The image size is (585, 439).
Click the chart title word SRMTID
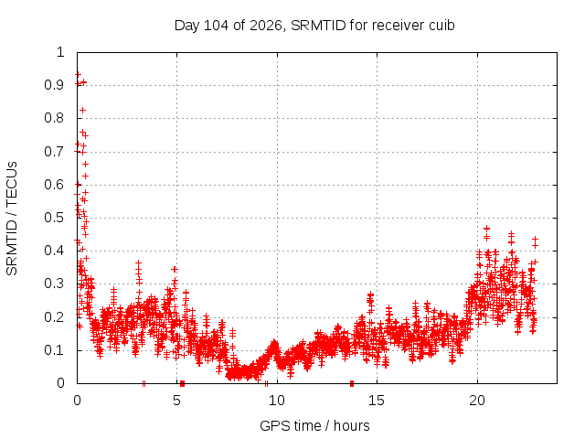318,26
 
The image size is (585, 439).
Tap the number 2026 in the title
266,26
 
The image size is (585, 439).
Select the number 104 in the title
217,26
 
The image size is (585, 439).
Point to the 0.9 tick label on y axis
55,85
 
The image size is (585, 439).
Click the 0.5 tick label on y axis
55,218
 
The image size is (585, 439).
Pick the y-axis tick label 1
60,52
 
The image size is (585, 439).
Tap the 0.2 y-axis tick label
55,317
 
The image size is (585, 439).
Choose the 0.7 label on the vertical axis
55,152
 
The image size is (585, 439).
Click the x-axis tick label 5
176,401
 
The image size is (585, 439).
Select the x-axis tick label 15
377,401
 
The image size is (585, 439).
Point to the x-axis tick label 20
477,401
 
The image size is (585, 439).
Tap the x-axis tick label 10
277,401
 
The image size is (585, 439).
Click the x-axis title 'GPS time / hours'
314,425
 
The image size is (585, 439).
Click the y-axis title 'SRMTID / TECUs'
12,219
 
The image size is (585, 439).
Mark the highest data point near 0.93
78,75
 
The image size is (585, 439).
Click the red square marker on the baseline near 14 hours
352,383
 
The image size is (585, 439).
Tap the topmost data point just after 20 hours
486,228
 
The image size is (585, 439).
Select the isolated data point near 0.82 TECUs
83,110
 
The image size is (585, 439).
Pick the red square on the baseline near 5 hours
182,383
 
